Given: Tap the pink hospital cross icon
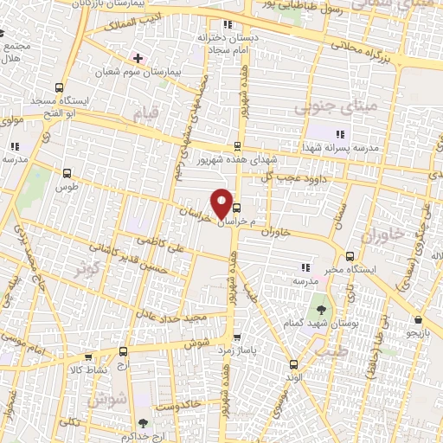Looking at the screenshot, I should (x=138, y=58).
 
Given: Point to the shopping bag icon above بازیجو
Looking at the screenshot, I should (x=419, y=319).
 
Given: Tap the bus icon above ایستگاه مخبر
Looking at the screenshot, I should (x=350, y=256).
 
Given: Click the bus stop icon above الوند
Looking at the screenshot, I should (x=292, y=364).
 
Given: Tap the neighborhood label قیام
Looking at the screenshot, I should (x=145, y=112).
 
